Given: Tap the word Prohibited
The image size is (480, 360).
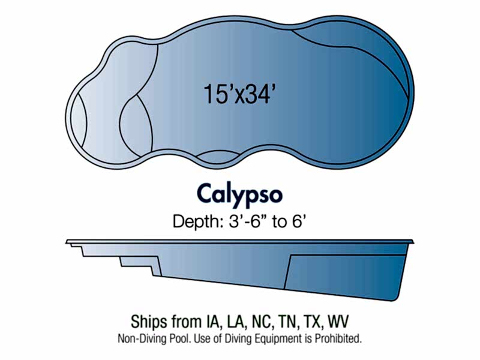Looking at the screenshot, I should tap(338, 338).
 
